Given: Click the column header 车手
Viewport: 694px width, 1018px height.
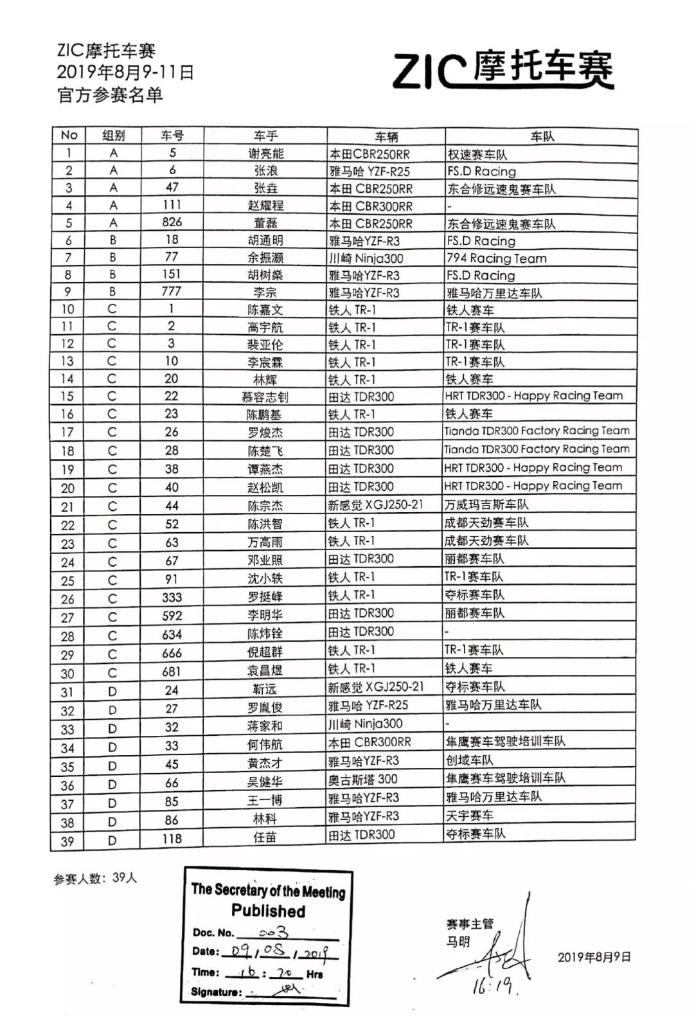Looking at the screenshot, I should pos(265,136).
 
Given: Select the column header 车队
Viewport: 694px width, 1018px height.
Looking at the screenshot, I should pos(542,136).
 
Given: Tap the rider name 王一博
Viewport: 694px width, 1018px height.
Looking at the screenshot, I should pos(265,800).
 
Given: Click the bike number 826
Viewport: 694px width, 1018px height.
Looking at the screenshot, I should pos(172,222).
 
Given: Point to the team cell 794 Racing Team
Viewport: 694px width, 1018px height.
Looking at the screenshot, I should pos(497,258).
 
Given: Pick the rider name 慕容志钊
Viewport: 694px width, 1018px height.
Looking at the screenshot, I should pos(265,397).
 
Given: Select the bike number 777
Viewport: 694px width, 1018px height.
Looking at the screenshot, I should pos(172,292).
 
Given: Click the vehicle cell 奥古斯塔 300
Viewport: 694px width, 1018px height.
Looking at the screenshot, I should pos(363,780).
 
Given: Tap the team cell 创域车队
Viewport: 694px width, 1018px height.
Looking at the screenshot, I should pos(470,760).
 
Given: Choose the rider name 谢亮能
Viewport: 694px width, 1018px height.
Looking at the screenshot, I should pos(265,154).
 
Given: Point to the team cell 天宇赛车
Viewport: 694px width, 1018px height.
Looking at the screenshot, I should pos(470,816).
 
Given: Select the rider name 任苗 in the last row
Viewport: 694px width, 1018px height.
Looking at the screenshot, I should pos(265,837).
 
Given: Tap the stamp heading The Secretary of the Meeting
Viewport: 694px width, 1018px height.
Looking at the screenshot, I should pos(268,890).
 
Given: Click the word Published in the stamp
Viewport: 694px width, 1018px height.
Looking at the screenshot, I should pos(268,911).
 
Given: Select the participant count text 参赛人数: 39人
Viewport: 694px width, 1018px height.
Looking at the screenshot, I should pos(95,879).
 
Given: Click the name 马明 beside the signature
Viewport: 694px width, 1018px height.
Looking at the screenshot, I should pos(458,942).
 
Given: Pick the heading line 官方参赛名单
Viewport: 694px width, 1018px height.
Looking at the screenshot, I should pos(110,95).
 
